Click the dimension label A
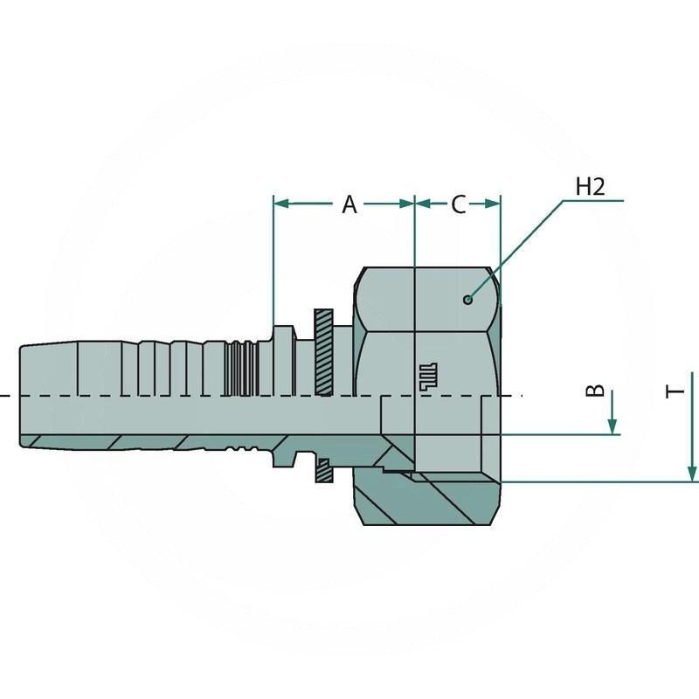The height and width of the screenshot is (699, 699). [x=349, y=204]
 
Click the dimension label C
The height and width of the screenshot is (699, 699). [x=458, y=204]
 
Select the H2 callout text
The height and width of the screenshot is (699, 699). [x=591, y=186]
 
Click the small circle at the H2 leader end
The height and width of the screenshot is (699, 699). [x=468, y=300]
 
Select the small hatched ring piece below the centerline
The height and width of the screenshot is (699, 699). [x=322, y=469]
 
